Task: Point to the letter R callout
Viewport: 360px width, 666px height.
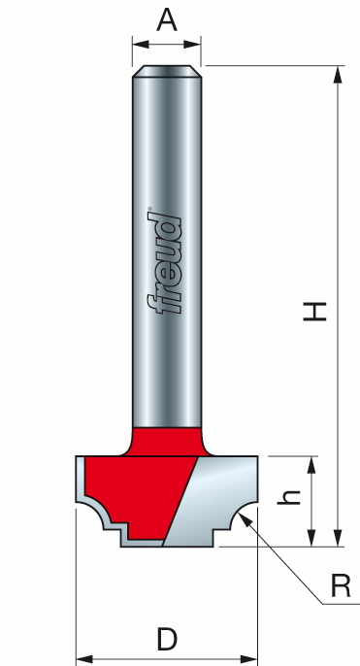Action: (x=340, y=585)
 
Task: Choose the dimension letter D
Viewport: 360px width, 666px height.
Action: (x=166, y=638)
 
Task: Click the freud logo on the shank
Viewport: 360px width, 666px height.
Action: (x=166, y=263)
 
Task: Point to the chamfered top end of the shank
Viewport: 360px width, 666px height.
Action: (x=167, y=69)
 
